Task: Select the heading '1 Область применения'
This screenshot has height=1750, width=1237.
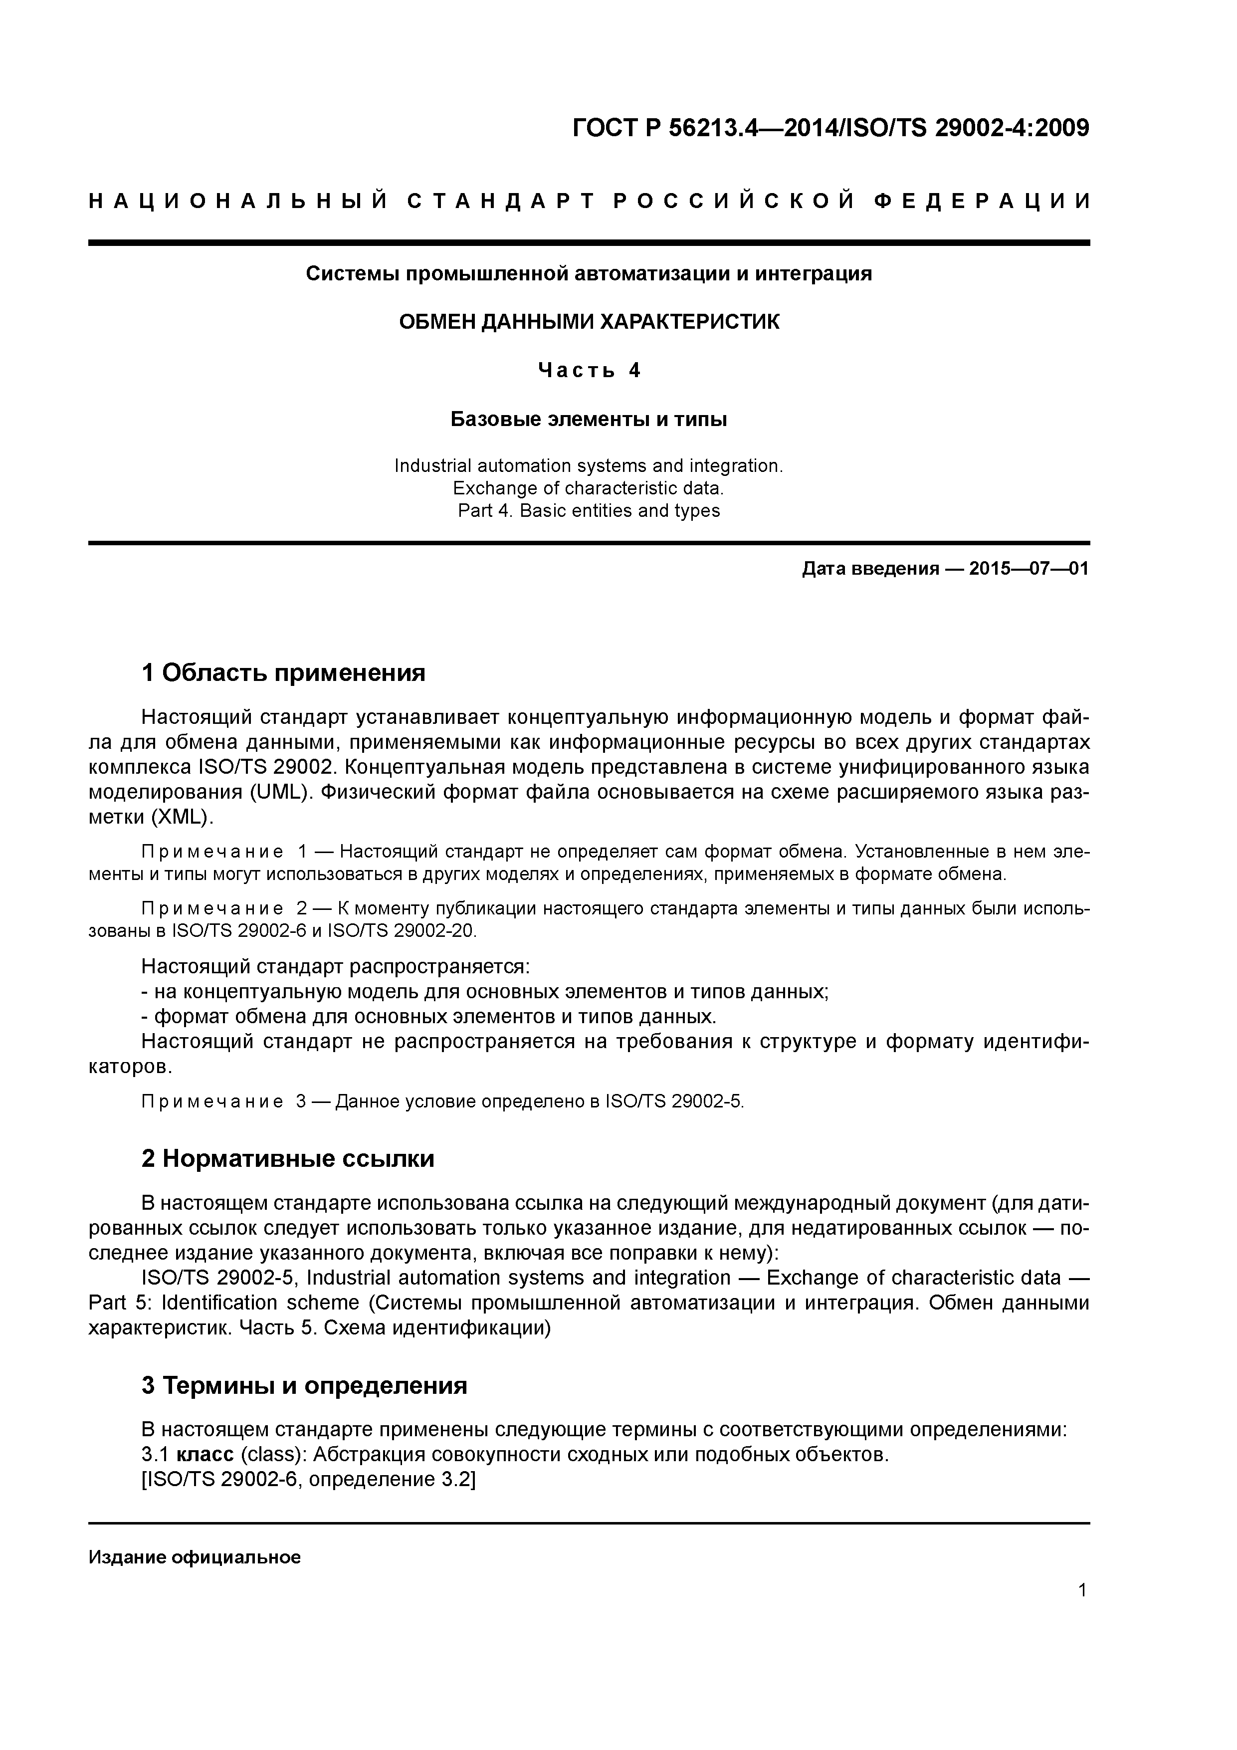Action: coord(283,673)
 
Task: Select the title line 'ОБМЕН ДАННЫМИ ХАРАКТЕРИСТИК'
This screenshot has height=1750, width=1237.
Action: coord(589,322)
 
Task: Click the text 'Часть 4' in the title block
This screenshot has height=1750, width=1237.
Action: coord(589,371)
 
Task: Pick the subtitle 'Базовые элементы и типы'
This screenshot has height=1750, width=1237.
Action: coord(589,419)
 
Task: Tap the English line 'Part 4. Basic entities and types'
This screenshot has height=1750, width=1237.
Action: coord(589,511)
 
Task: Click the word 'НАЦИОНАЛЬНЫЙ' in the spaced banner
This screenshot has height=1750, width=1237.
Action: coord(238,202)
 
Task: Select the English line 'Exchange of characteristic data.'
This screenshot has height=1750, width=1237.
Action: coord(589,488)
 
